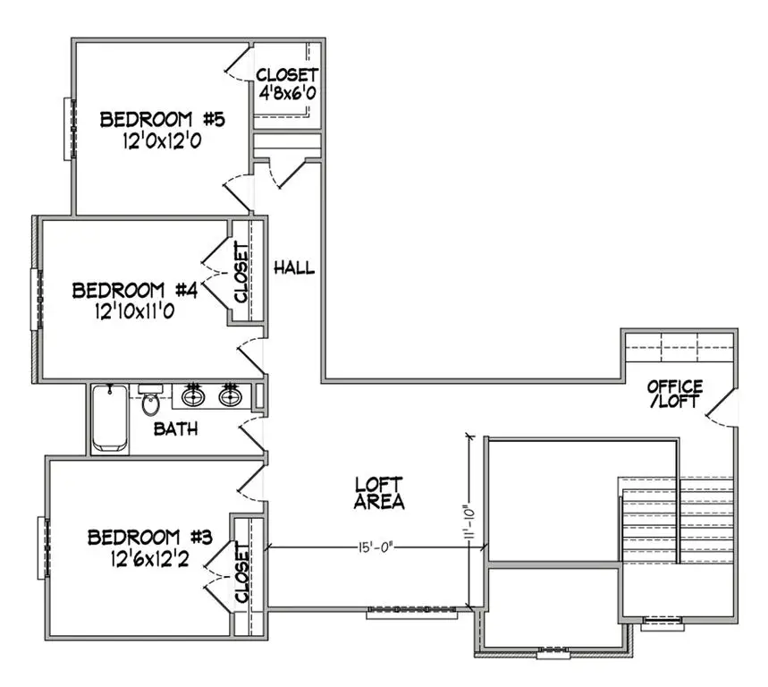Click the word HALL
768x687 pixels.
(294, 267)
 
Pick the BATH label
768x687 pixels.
(176, 429)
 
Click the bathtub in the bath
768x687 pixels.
(110, 419)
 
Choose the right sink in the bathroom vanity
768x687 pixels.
(231, 395)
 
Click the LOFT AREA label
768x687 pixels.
(379, 492)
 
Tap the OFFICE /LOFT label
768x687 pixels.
(675, 394)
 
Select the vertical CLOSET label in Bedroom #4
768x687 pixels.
(241, 273)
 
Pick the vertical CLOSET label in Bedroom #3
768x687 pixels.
(241, 572)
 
